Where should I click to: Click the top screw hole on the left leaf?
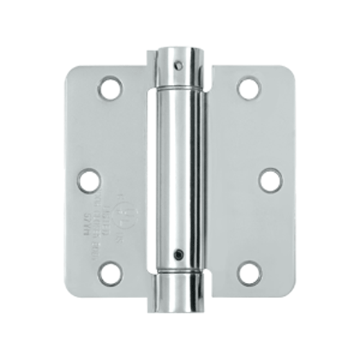pyautogui.click(x=110, y=89)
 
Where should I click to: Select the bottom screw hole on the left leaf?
pyautogui.click(x=110, y=271)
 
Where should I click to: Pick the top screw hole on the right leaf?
pyautogui.click(x=249, y=89)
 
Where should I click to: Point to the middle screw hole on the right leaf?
pyautogui.click(x=270, y=179)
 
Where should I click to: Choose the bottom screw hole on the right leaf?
pyautogui.click(x=249, y=272)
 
